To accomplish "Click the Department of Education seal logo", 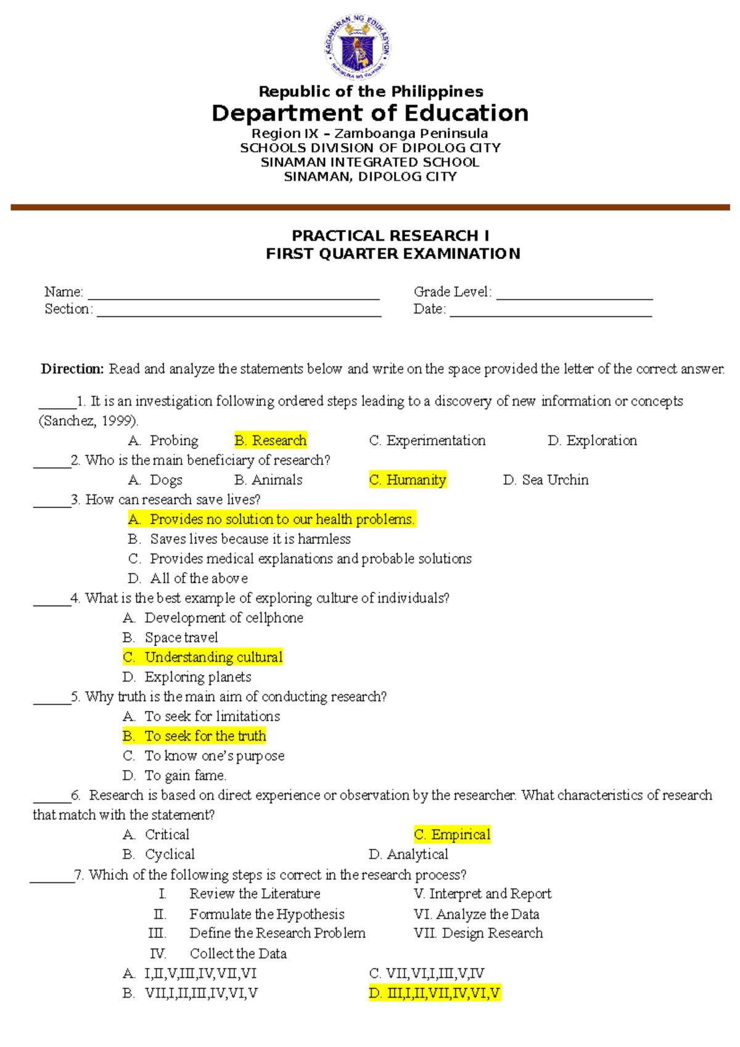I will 357,48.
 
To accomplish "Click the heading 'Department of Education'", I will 370,113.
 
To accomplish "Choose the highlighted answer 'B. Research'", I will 270,440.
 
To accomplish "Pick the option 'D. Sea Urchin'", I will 546,480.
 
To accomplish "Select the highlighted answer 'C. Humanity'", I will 408,480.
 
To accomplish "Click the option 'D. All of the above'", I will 188,578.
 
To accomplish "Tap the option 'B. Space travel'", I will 171,638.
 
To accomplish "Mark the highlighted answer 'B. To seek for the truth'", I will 194,736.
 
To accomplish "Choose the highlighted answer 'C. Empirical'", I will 452,835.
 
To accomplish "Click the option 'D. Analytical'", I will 408,855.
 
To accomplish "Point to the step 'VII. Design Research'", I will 479,934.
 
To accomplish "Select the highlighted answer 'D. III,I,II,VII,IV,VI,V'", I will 434,993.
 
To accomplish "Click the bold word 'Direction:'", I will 73,369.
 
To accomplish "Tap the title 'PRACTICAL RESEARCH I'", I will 390,236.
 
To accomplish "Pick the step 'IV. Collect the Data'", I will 219,954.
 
